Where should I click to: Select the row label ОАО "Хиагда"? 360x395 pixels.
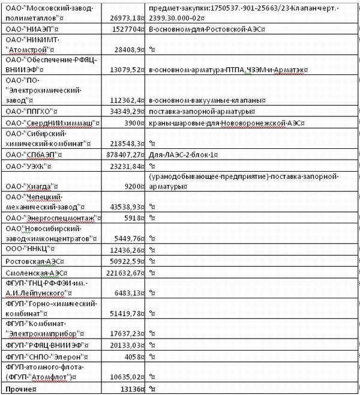[x=31, y=186]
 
